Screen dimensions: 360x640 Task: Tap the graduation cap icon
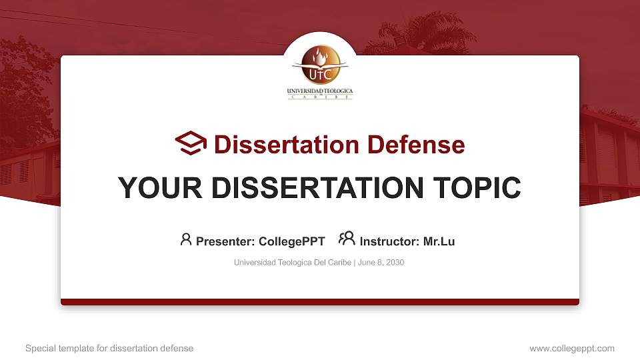(x=191, y=143)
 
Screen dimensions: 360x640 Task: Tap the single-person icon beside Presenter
(x=186, y=239)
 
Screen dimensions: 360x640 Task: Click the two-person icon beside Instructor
(x=347, y=239)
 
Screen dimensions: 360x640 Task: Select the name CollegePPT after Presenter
(x=291, y=241)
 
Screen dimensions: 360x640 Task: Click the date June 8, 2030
(x=381, y=263)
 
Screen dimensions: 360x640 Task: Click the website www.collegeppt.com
(x=571, y=348)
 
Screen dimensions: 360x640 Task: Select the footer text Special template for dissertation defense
(x=109, y=348)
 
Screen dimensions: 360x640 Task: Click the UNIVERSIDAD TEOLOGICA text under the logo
(x=320, y=91)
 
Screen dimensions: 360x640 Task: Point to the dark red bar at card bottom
(x=320, y=302)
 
